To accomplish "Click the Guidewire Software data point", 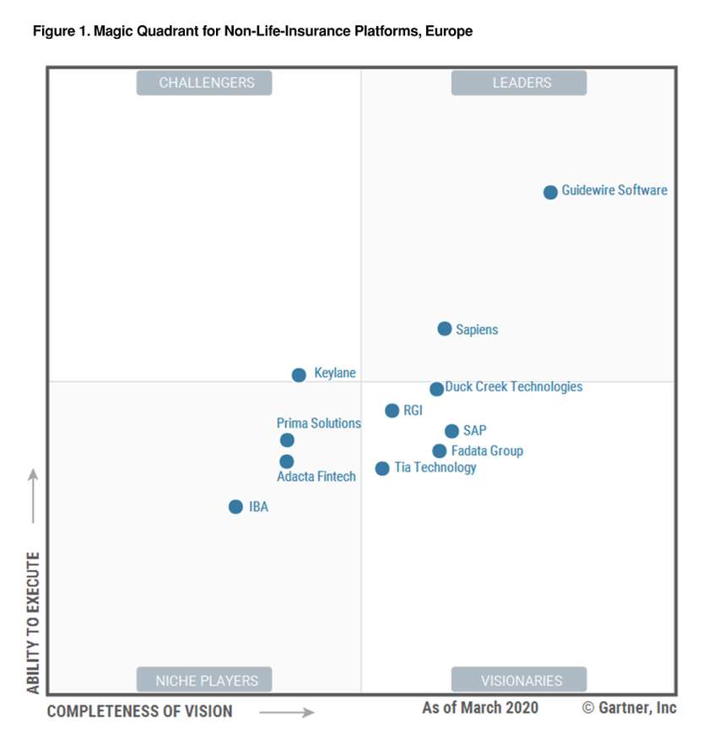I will coord(550,192).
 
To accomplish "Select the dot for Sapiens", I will coord(445,329).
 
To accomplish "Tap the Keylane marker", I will coord(299,375).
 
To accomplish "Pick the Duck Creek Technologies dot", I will coord(436,389).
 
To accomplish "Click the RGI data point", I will coord(392,411).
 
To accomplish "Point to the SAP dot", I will coord(452,431).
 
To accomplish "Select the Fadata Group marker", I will coord(440,451).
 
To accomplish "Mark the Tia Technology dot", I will coord(382,468).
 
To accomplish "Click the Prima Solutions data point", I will coord(287,440).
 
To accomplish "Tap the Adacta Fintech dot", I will coord(287,461).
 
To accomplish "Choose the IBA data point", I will coord(235,507).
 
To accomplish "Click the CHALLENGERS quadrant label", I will coord(206,83).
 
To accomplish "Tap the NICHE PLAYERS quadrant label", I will coord(206,680).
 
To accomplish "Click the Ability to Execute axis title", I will coord(33,622).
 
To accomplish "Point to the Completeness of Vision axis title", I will coord(139,712).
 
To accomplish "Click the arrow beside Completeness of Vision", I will coord(286,713).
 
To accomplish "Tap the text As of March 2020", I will coord(479,708).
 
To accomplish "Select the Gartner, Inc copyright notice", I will coord(629,708).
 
